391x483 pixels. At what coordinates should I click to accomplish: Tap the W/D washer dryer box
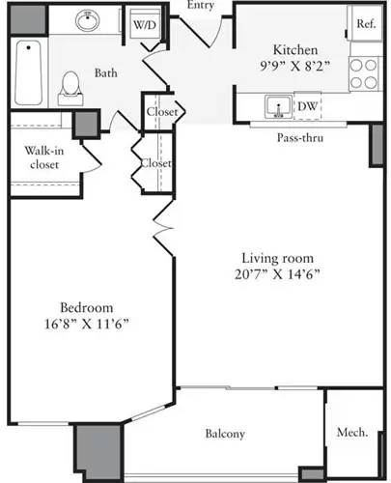point(144,24)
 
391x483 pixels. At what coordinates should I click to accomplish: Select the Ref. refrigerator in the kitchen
point(365,24)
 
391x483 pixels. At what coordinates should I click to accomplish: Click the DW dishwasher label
point(308,106)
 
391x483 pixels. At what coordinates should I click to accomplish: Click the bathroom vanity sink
point(91,20)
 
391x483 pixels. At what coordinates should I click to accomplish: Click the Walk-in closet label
point(38,157)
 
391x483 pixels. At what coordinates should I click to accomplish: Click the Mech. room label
point(351,434)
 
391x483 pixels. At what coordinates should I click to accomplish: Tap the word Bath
point(106,72)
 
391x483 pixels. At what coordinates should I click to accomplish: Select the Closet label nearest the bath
point(161,112)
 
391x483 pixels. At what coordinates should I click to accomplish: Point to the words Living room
point(266,257)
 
